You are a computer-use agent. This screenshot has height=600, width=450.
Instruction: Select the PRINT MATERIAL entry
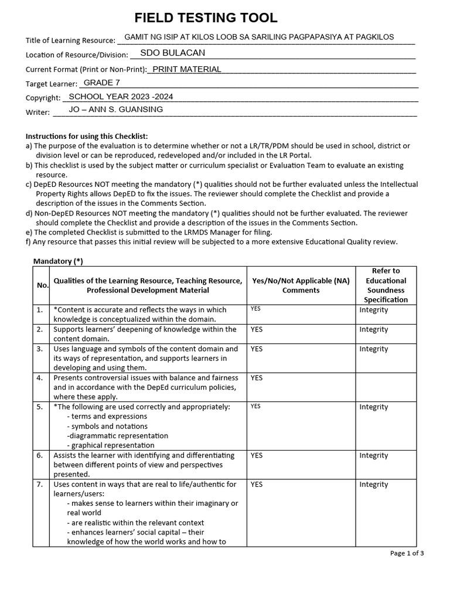(187, 69)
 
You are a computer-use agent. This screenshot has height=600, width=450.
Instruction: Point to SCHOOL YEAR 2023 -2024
(121, 97)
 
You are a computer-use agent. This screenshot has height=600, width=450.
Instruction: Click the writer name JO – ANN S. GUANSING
(116, 110)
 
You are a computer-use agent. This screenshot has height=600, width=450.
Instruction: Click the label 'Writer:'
(37, 112)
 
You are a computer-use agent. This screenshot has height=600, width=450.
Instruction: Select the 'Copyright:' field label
(43, 98)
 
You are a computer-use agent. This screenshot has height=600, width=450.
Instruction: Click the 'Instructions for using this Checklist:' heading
(87, 136)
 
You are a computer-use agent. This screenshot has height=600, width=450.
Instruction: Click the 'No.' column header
(42, 285)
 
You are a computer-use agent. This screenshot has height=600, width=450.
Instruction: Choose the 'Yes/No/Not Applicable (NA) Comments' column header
(301, 285)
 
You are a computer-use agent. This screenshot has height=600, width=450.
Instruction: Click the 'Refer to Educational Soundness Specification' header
(386, 285)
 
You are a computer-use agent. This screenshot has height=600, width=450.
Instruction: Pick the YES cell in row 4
(257, 378)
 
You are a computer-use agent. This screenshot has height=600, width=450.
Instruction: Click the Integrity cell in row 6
(373, 455)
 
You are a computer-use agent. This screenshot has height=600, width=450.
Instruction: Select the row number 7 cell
(39, 485)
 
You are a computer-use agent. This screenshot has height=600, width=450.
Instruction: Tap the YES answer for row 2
(257, 329)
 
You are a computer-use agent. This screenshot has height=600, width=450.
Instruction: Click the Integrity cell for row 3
(373, 349)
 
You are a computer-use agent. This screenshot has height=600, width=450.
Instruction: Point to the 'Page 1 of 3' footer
(407, 553)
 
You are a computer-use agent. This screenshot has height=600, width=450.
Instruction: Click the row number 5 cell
(39, 407)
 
